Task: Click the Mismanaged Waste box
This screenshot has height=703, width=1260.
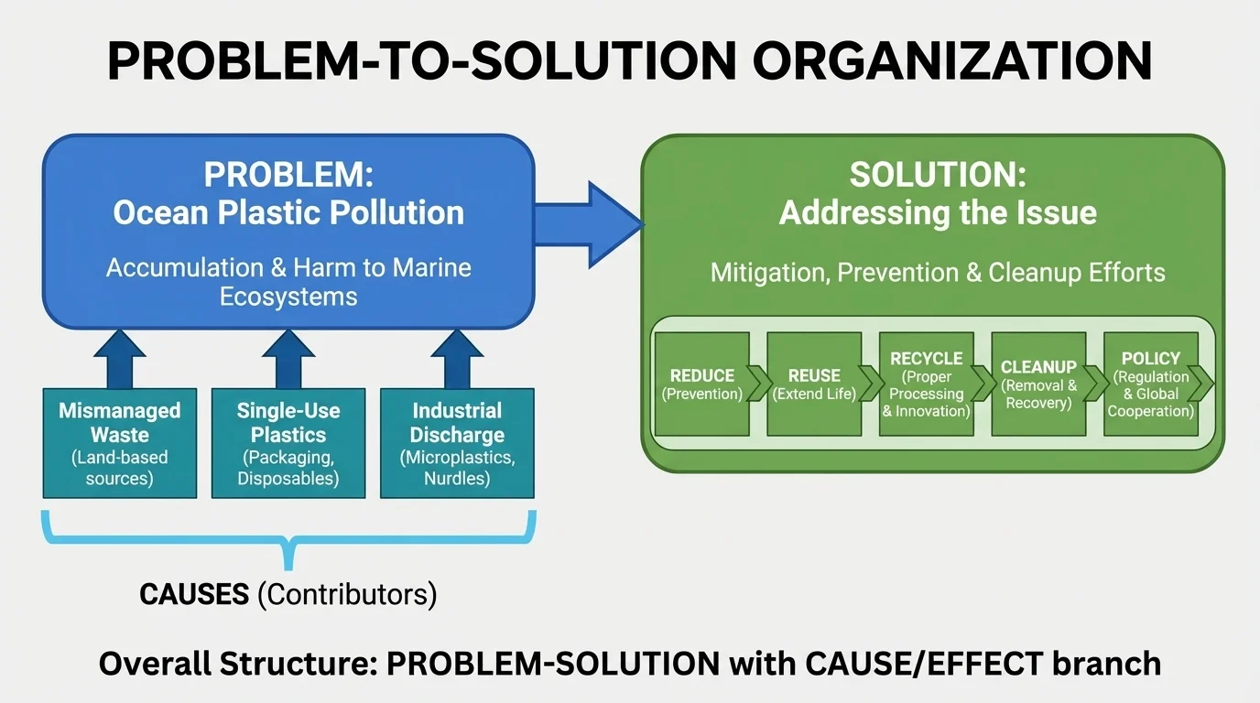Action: click(120, 443)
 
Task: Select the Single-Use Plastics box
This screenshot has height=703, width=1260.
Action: click(288, 443)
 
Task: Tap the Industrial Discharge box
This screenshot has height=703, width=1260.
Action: click(457, 443)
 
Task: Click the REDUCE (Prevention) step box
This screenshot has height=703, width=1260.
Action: click(702, 384)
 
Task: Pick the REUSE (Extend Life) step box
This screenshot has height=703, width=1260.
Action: click(814, 384)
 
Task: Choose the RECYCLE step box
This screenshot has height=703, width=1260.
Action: click(926, 384)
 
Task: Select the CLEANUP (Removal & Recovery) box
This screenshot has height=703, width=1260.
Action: click(1038, 384)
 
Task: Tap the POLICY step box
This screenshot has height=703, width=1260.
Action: click(1150, 384)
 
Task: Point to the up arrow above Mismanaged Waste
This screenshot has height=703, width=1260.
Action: click(120, 359)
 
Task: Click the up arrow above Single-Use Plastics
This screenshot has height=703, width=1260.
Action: click(288, 359)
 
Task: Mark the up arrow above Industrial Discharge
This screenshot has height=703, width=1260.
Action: click(457, 359)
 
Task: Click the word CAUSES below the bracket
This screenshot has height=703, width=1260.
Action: click(194, 594)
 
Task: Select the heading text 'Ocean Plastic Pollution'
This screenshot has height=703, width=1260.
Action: click(288, 212)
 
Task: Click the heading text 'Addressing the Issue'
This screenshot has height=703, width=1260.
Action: click(938, 212)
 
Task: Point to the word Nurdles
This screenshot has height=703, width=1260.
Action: click(457, 479)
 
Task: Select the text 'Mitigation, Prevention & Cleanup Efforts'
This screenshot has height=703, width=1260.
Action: click(938, 272)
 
